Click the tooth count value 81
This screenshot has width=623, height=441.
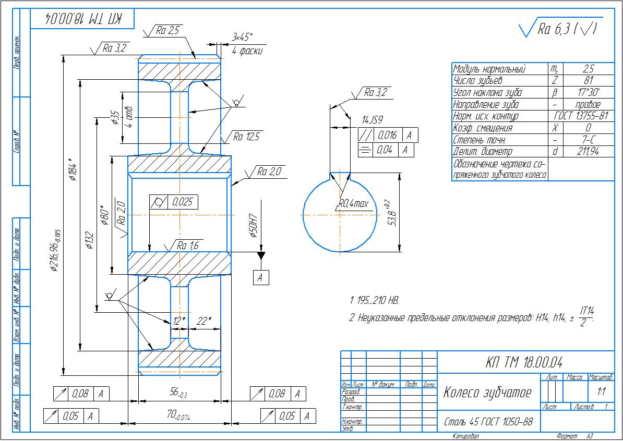[588, 81]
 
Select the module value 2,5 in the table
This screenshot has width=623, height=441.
[588, 69]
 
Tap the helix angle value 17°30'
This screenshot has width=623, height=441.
[588, 93]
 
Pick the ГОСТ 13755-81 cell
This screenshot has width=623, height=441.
[581, 116]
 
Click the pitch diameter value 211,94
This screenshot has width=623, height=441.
[588, 151]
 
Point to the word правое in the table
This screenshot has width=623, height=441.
[588, 104]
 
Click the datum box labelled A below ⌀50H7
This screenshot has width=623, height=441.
[261, 277]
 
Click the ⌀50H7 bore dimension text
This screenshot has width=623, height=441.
[254, 225]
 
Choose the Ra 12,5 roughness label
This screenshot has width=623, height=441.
[246, 137]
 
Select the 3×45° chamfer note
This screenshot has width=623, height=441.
[242, 37]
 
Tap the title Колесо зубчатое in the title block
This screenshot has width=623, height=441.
[487, 393]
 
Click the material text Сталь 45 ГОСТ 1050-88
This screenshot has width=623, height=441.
[488, 421]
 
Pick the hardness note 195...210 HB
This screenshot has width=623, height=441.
[375, 301]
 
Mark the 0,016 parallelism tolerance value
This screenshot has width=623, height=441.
[387, 136]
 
